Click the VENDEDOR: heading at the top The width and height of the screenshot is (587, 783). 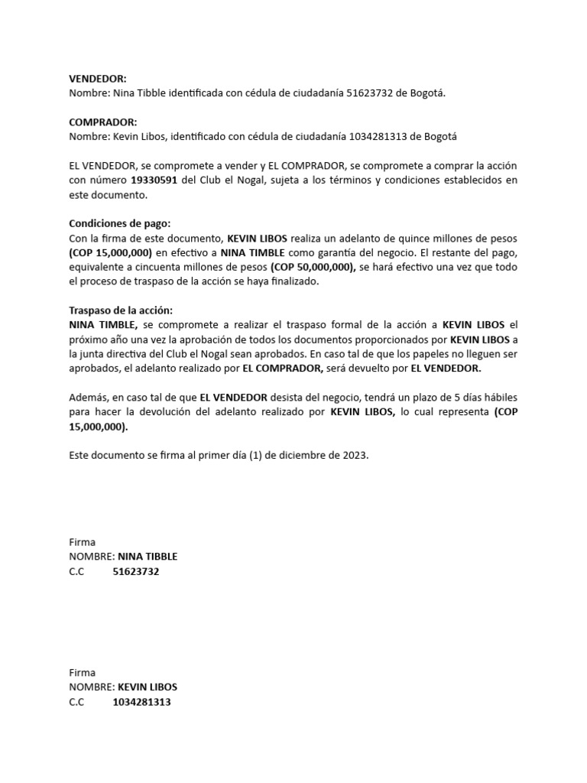pos(98,78)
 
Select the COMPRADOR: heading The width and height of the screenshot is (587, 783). pos(103,122)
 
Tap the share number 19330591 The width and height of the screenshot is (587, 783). pos(157,180)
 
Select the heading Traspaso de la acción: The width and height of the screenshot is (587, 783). pos(121,310)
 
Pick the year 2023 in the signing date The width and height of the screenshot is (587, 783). pos(353,455)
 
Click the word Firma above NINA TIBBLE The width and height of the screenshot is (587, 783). pos(82,542)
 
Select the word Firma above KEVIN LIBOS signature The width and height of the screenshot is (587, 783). pos(82,673)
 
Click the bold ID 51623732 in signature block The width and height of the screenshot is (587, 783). pos(136,571)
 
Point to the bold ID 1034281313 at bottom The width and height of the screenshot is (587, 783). pos(141,702)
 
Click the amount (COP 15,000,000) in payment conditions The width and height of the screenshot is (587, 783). pos(110,252)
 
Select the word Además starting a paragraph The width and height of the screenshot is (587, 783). pos(88,398)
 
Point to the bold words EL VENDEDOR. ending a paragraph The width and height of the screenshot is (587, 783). pos(446,369)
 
